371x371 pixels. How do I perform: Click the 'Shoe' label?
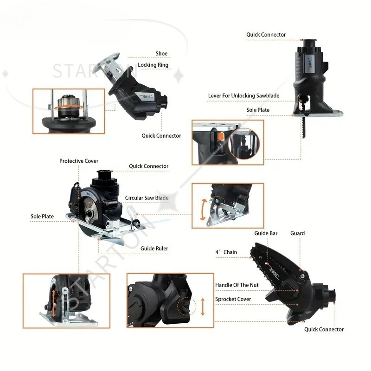161,54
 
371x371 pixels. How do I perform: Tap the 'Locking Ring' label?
153,65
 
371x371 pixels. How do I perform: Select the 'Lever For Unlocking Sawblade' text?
244,96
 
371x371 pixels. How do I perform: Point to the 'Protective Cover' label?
79,161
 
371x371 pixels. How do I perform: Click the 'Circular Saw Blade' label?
147,198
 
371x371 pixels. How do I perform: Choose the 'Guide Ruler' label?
154,249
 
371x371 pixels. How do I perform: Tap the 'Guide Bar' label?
266,233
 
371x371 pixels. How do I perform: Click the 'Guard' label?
297,233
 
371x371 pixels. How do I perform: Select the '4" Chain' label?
226,252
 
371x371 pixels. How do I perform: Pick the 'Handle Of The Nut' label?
237,285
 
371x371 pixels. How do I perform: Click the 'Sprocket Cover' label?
233,299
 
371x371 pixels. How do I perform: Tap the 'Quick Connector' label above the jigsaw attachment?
266,34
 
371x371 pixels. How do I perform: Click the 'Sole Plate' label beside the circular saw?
42,216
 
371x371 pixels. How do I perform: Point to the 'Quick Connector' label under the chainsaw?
324,329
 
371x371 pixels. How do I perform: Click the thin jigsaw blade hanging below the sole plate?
304,127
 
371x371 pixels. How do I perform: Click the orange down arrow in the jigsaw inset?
221,137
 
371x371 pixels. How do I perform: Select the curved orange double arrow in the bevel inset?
203,210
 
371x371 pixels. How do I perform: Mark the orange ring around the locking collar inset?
69,108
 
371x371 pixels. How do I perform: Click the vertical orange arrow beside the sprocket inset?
203,307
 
